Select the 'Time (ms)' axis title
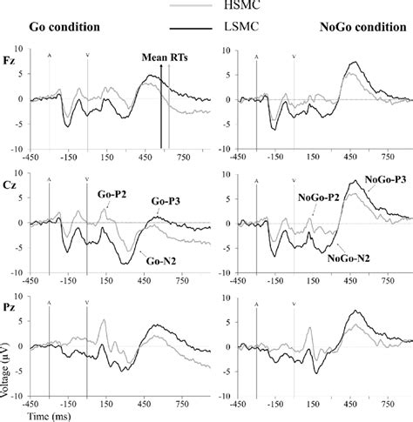pos(25,417)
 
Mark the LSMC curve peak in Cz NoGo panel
pos(355,179)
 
